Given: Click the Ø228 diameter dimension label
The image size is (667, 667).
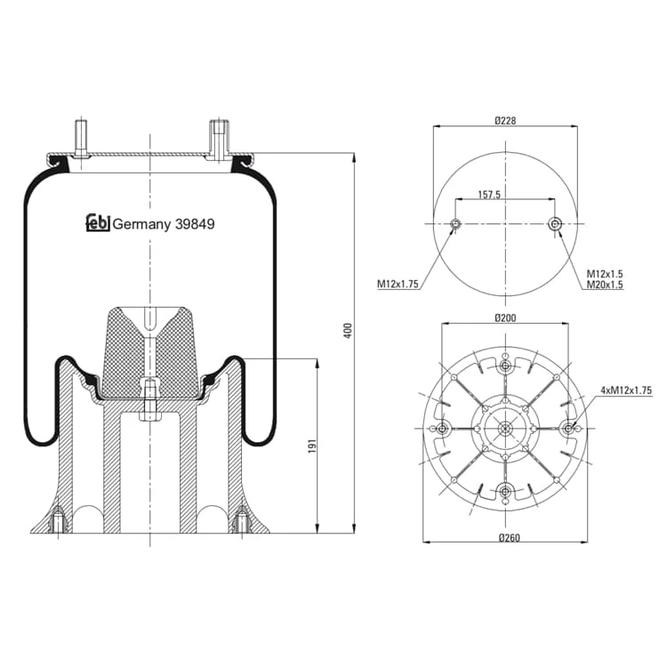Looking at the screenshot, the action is [x=505, y=121].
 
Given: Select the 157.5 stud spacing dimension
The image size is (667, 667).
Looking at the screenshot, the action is [x=489, y=195].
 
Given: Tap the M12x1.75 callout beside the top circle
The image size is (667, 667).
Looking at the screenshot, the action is [x=398, y=284].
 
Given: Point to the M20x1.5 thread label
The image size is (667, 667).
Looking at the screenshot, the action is [x=605, y=285].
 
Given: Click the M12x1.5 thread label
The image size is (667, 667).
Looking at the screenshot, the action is [x=605, y=274].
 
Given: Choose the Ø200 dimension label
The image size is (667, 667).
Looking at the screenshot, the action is [x=505, y=317].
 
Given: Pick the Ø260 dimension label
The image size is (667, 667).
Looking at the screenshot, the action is [x=510, y=538].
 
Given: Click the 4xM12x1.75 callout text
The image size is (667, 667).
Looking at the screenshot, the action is [x=626, y=390].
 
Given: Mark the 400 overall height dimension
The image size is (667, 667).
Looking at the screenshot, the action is [x=349, y=331].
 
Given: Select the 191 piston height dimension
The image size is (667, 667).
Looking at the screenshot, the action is [x=313, y=446].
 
